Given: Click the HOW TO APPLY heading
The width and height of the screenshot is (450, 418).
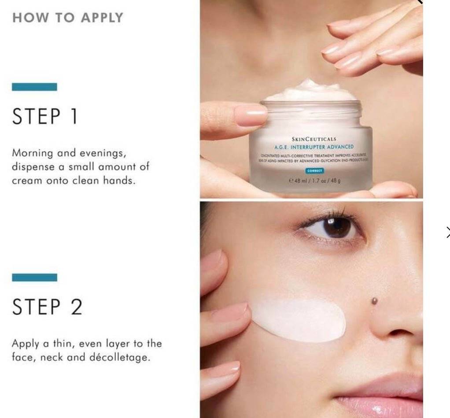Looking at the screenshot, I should tap(67, 18).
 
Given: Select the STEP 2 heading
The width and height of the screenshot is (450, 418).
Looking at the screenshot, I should tap(47, 307).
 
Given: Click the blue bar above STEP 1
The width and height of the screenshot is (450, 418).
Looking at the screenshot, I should tap(34, 87).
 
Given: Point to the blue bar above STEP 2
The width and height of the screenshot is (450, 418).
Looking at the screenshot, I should tap(34, 277).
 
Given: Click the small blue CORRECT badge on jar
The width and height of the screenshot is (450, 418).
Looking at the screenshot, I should tap(314, 170).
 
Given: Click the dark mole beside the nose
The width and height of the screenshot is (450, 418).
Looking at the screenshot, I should tap(375, 301).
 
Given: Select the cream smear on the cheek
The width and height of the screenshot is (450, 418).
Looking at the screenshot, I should tap(298, 319).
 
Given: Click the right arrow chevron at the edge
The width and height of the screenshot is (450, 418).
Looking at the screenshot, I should tap(447, 232).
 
